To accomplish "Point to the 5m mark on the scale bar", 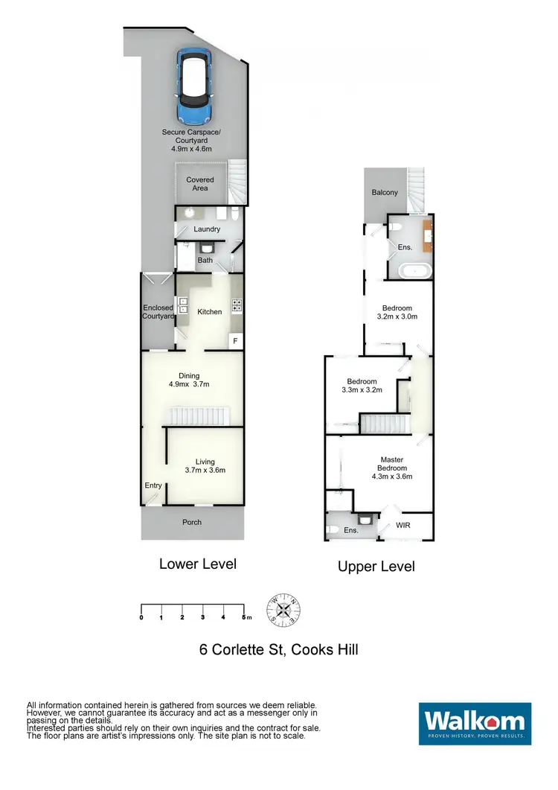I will pos(244,617).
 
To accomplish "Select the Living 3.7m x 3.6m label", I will pos(205,465).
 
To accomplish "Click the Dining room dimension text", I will pos(189,385).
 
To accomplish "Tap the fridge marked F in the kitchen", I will pos(235,341).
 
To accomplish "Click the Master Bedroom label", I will pos(392,468).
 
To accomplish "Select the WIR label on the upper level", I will pos(403,525).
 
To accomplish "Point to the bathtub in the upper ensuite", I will pos(411,270).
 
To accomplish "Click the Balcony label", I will pos(385,193).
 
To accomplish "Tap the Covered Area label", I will pos(199,184).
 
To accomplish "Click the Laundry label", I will pos(207,229).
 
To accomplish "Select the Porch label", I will pos(192,522).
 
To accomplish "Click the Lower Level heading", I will pos(198,564).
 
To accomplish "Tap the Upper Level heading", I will pos(376,567).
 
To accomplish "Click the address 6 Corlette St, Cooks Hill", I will pos(278,649).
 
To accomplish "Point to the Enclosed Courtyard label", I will pos(158,312).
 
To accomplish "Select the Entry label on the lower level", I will pos(153,485).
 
